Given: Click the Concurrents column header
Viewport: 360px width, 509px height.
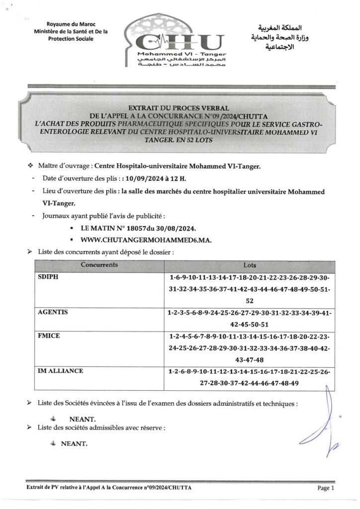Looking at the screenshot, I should click(99, 265).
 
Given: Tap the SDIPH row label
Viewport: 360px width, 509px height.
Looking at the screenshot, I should click(48, 277).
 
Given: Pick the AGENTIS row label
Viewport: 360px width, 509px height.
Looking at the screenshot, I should click(53, 312).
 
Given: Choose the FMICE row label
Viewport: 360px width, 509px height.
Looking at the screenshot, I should click(49, 336).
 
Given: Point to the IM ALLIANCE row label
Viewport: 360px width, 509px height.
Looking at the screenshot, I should click(61, 371).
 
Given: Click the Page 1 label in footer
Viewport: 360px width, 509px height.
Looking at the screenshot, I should click(326, 488).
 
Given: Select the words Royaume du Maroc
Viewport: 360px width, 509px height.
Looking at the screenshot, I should click(71, 24).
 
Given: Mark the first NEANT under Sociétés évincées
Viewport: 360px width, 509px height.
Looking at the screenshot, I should click(83, 419).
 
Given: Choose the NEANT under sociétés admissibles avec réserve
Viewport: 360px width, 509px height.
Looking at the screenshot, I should click(74, 443).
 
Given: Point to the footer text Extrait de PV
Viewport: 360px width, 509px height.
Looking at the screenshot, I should click(108, 488).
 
